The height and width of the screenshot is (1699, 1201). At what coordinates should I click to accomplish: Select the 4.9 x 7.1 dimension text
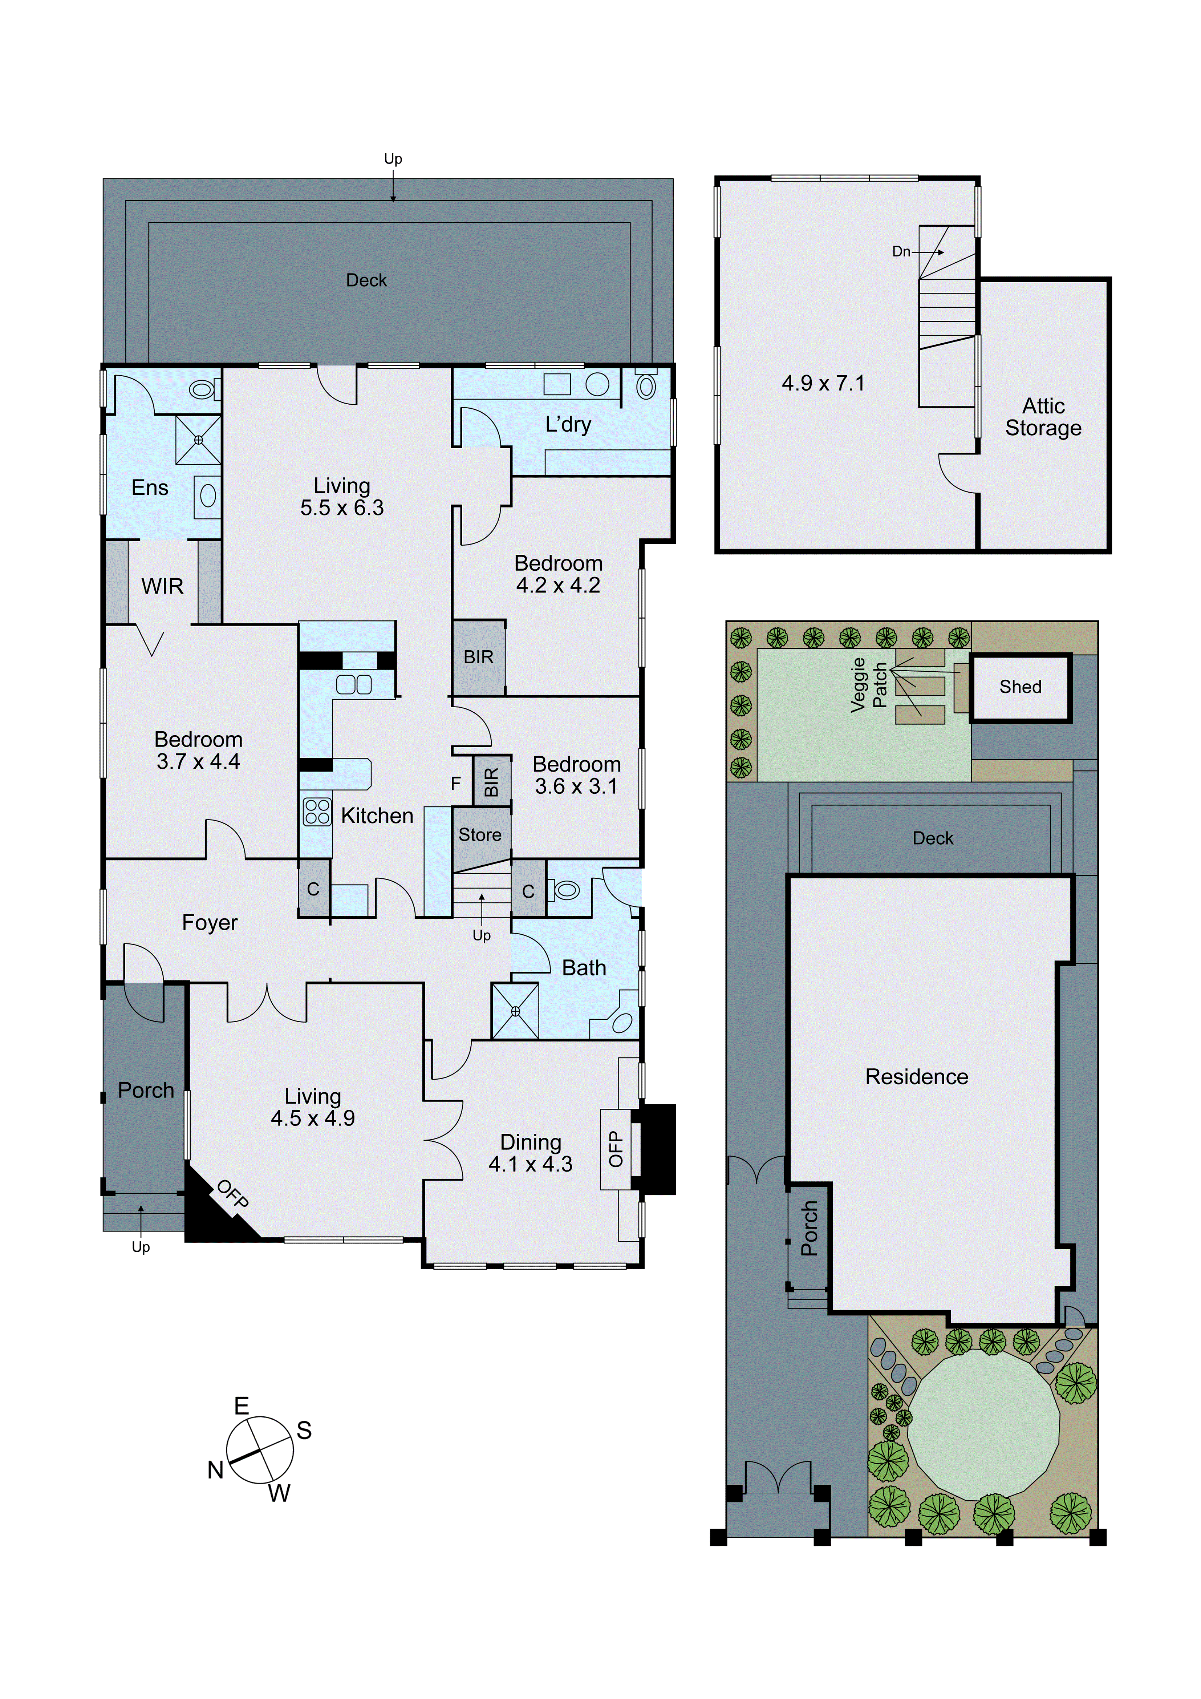click(x=823, y=383)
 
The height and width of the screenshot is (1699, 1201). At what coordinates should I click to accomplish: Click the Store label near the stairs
click(x=479, y=835)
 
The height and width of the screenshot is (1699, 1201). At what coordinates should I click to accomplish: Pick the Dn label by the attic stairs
click(x=901, y=252)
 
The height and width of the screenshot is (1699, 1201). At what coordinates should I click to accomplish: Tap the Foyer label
click(x=210, y=923)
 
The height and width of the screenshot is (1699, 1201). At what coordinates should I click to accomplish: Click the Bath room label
click(x=584, y=968)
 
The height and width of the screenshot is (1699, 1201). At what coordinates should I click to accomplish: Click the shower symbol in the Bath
click(x=515, y=1011)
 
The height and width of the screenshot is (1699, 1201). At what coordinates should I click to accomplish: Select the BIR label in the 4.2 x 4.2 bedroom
click(x=478, y=657)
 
